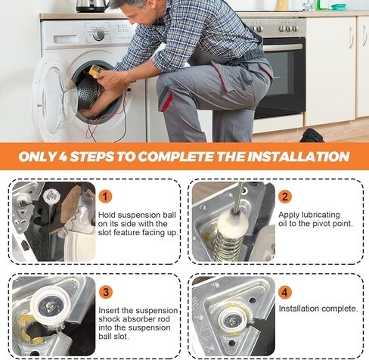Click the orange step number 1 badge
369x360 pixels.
(x=105, y=196)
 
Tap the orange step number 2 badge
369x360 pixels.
(x=285, y=196)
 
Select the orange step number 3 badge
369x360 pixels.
(x=106, y=292)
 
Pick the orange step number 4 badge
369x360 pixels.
(x=285, y=292)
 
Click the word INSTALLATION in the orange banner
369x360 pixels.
(x=298, y=157)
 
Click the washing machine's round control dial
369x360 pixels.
(x=98, y=35)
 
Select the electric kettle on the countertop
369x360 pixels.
(x=92, y=6)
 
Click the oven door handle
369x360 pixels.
(x=282, y=47)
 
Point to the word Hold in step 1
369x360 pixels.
(x=107, y=215)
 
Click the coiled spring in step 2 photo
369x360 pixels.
(x=228, y=247)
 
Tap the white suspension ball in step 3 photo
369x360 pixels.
(x=50, y=305)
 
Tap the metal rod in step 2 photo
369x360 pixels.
(x=238, y=197)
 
